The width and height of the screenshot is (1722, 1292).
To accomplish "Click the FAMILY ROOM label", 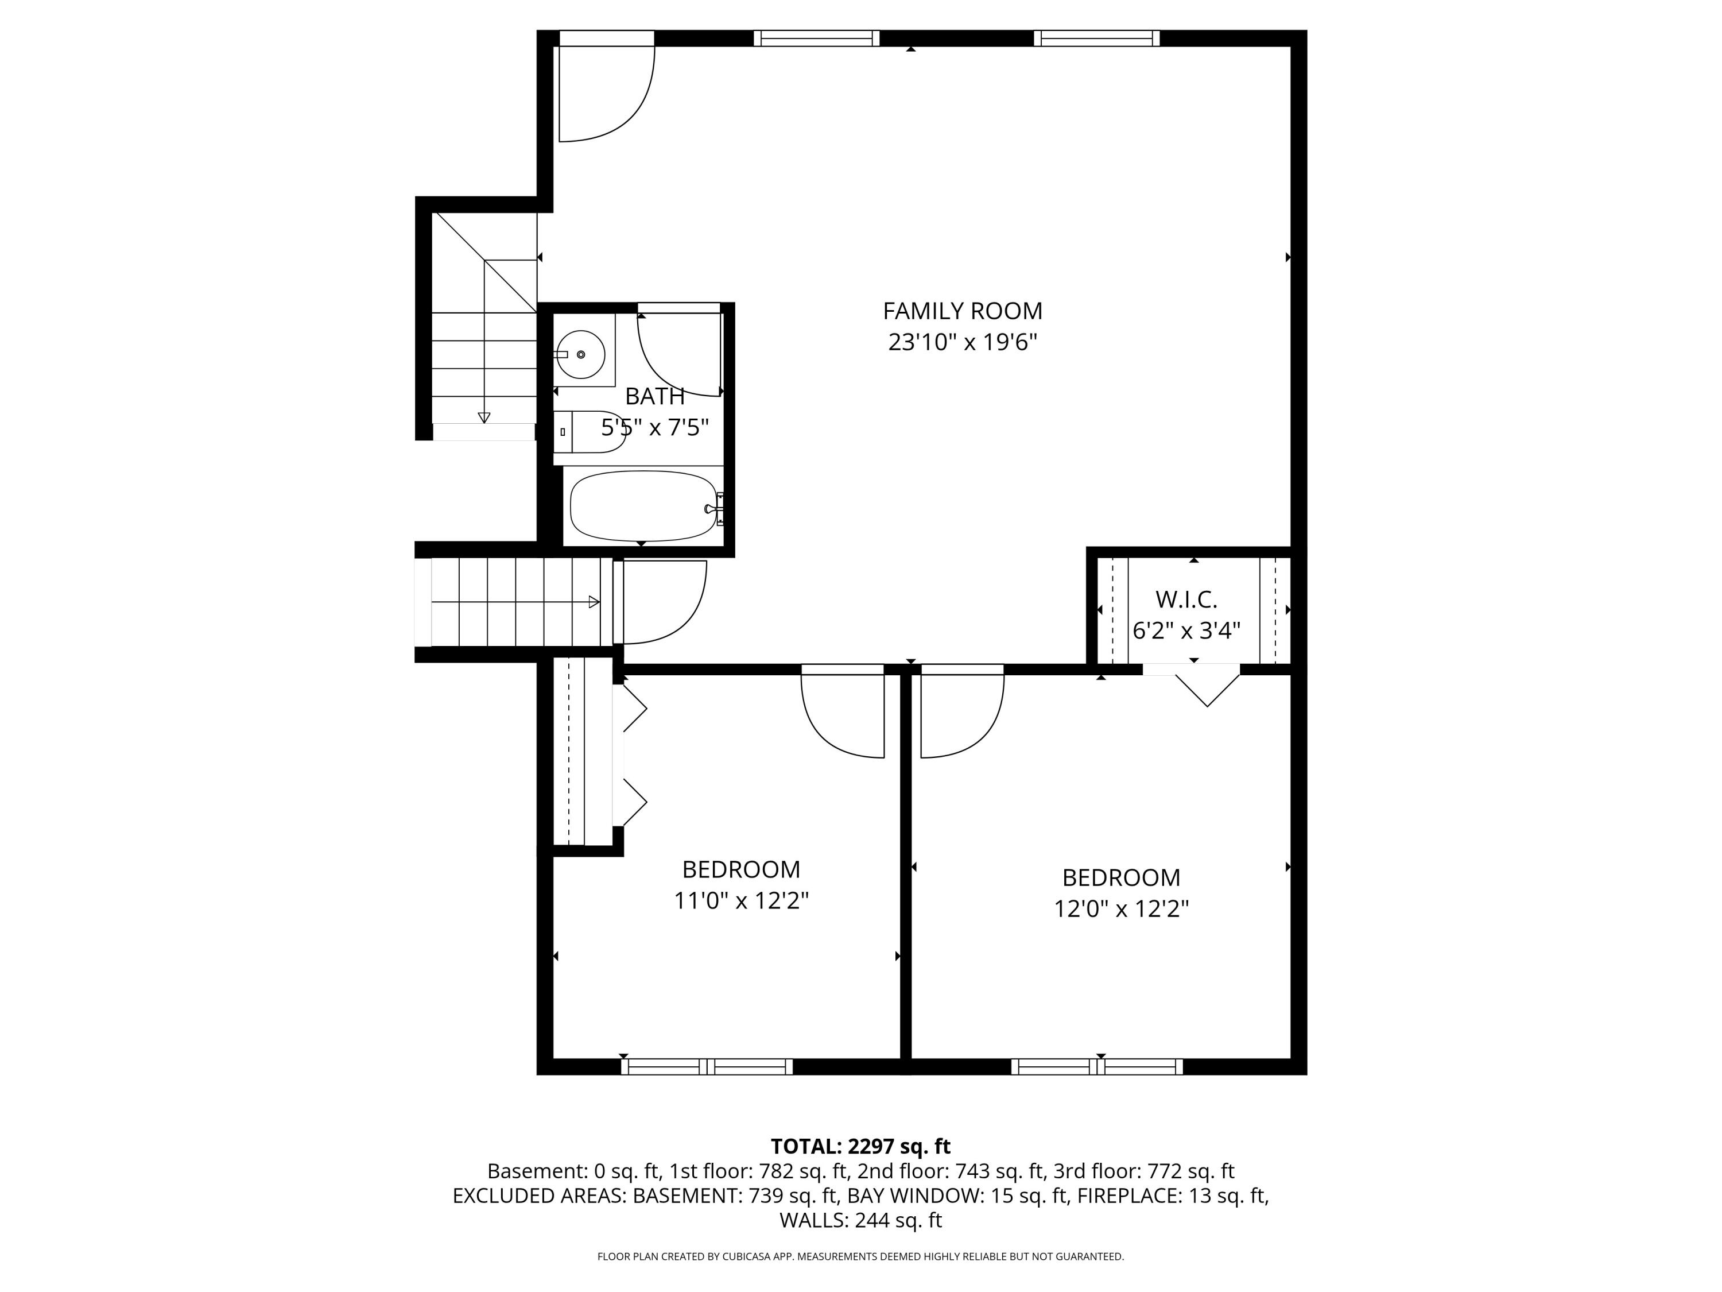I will click(x=962, y=311).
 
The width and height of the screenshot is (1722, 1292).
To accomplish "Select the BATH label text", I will click(x=655, y=396).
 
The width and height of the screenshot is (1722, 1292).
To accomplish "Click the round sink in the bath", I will click(x=581, y=354).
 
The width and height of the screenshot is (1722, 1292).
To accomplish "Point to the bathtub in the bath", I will click(x=642, y=506).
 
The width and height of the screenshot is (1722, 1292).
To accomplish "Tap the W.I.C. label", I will click(x=1186, y=599).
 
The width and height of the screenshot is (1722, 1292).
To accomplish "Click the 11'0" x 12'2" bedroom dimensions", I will click(x=740, y=901).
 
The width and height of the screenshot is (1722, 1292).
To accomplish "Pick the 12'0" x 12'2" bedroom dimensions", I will click(x=1121, y=909).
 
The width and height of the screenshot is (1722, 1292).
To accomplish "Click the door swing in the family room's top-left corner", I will click(x=607, y=94).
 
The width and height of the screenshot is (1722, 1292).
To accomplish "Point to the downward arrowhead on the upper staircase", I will click(x=484, y=418).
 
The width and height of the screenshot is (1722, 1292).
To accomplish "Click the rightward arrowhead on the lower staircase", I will click(x=594, y=602).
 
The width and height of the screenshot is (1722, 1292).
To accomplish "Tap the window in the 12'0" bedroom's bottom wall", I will click(x=1097, y=1067).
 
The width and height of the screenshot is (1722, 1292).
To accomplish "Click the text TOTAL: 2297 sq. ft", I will click(x=860, y=1146).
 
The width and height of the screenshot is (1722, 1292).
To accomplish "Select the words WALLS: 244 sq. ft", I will click(x=860, y=1220).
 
